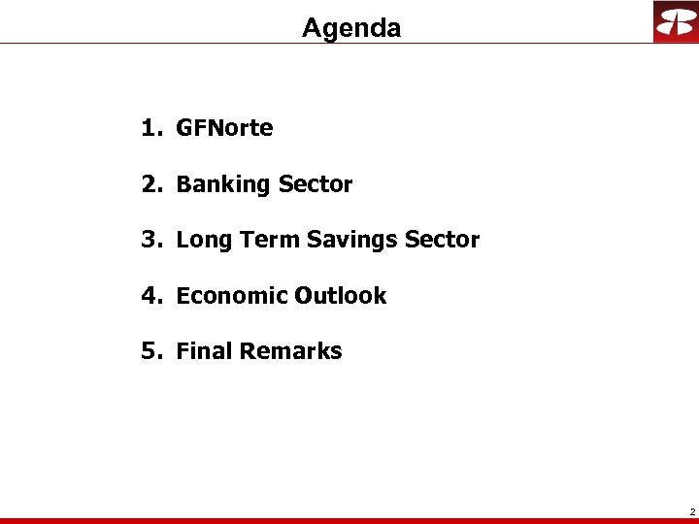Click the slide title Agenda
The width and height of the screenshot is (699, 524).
pos(350,28)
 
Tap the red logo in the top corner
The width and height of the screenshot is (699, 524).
pos(675,21)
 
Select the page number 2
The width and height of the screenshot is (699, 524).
pos(691,510)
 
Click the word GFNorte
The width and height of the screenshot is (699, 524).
pos(224,128)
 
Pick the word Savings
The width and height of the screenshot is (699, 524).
pos(351,240)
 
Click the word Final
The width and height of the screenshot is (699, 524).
pos(203,351)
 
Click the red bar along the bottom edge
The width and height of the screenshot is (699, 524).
pos(349,520)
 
